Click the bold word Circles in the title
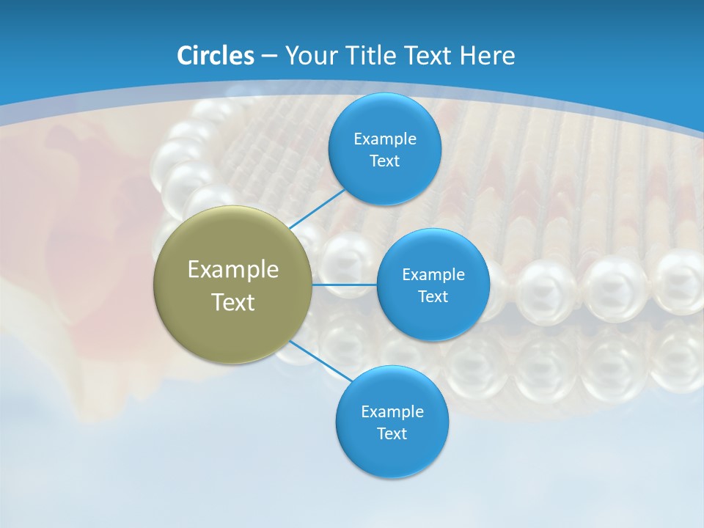click(216, 56)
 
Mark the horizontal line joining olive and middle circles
click(344, 285)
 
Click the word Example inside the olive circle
click(233, 269)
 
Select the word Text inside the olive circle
click(233, 302)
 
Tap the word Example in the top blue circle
click(384, 139)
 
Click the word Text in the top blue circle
click(384, 161)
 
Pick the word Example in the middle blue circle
click(433, 274)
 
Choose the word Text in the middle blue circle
click(433, 296)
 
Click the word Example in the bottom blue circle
click(392, 411)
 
